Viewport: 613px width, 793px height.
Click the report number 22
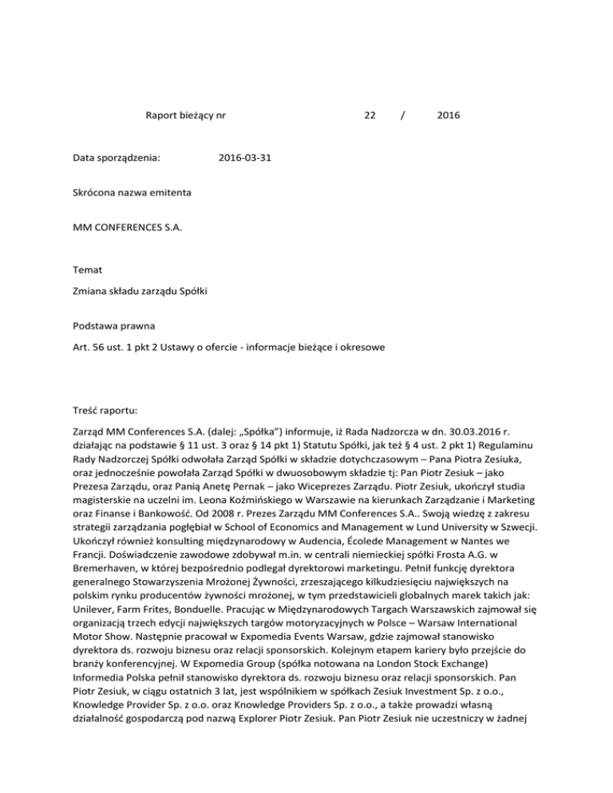coord(370,116)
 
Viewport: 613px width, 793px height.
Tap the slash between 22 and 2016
coord(404,116)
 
